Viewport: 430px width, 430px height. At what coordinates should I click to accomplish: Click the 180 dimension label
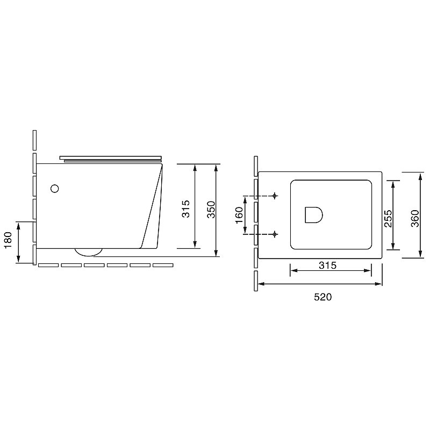[9, 240]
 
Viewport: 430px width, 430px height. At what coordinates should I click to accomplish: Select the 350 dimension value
[211, 210]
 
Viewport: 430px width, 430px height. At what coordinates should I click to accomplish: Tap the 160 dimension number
[239, 216]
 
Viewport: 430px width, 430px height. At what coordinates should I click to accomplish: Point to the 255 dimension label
[388, 219]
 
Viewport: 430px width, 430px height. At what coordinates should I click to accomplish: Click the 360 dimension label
[415, 219]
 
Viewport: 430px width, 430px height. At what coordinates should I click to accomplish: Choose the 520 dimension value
[323, 297]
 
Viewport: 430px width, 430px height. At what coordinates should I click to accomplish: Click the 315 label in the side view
[186, 209]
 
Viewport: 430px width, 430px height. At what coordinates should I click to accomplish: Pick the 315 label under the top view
[327, 265]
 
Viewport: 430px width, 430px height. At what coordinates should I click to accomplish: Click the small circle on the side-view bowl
[55, 189]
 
